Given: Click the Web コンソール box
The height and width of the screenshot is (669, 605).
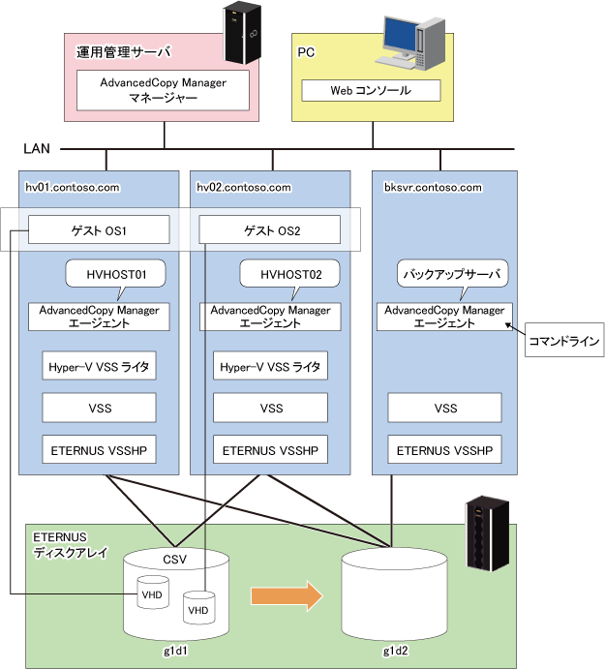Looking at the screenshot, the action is (371, 90).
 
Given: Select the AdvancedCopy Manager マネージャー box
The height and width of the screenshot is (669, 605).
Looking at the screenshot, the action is (163, 90).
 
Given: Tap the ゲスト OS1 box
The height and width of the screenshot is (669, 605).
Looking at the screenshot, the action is (99, 229).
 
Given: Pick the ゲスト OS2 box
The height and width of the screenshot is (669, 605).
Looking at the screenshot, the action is (270, 229).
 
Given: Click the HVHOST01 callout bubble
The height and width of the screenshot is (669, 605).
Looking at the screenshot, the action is (115, 274).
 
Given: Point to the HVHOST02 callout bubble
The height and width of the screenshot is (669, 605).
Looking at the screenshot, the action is (290, 274).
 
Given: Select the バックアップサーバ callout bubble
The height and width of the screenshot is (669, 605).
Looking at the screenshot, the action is (453, 274).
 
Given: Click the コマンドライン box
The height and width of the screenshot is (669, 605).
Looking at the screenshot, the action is (564, 340).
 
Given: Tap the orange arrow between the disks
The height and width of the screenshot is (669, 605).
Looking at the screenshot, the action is (287, 596).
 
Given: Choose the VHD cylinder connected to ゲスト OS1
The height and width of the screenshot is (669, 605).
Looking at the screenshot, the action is (153, 593).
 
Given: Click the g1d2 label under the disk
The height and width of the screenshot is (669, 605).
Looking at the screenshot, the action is (396, 651).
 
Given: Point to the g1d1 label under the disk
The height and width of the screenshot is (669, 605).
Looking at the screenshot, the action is (176, 651).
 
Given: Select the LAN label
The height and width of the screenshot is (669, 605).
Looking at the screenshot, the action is (37, 148).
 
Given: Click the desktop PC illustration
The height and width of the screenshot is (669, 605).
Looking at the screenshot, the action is (410, 43).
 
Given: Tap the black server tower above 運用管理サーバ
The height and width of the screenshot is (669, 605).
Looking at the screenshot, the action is (242, 33).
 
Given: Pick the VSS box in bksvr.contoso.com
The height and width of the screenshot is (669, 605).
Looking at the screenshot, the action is (444, 408).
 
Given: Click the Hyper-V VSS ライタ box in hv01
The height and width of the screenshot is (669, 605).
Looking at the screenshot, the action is (99, 366).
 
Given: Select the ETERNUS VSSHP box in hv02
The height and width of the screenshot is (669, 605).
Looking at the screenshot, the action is (270, 449).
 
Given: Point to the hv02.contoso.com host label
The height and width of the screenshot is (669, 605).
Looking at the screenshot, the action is (244, 187).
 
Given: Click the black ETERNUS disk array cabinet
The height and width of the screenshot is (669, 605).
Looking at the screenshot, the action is (488, 533).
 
